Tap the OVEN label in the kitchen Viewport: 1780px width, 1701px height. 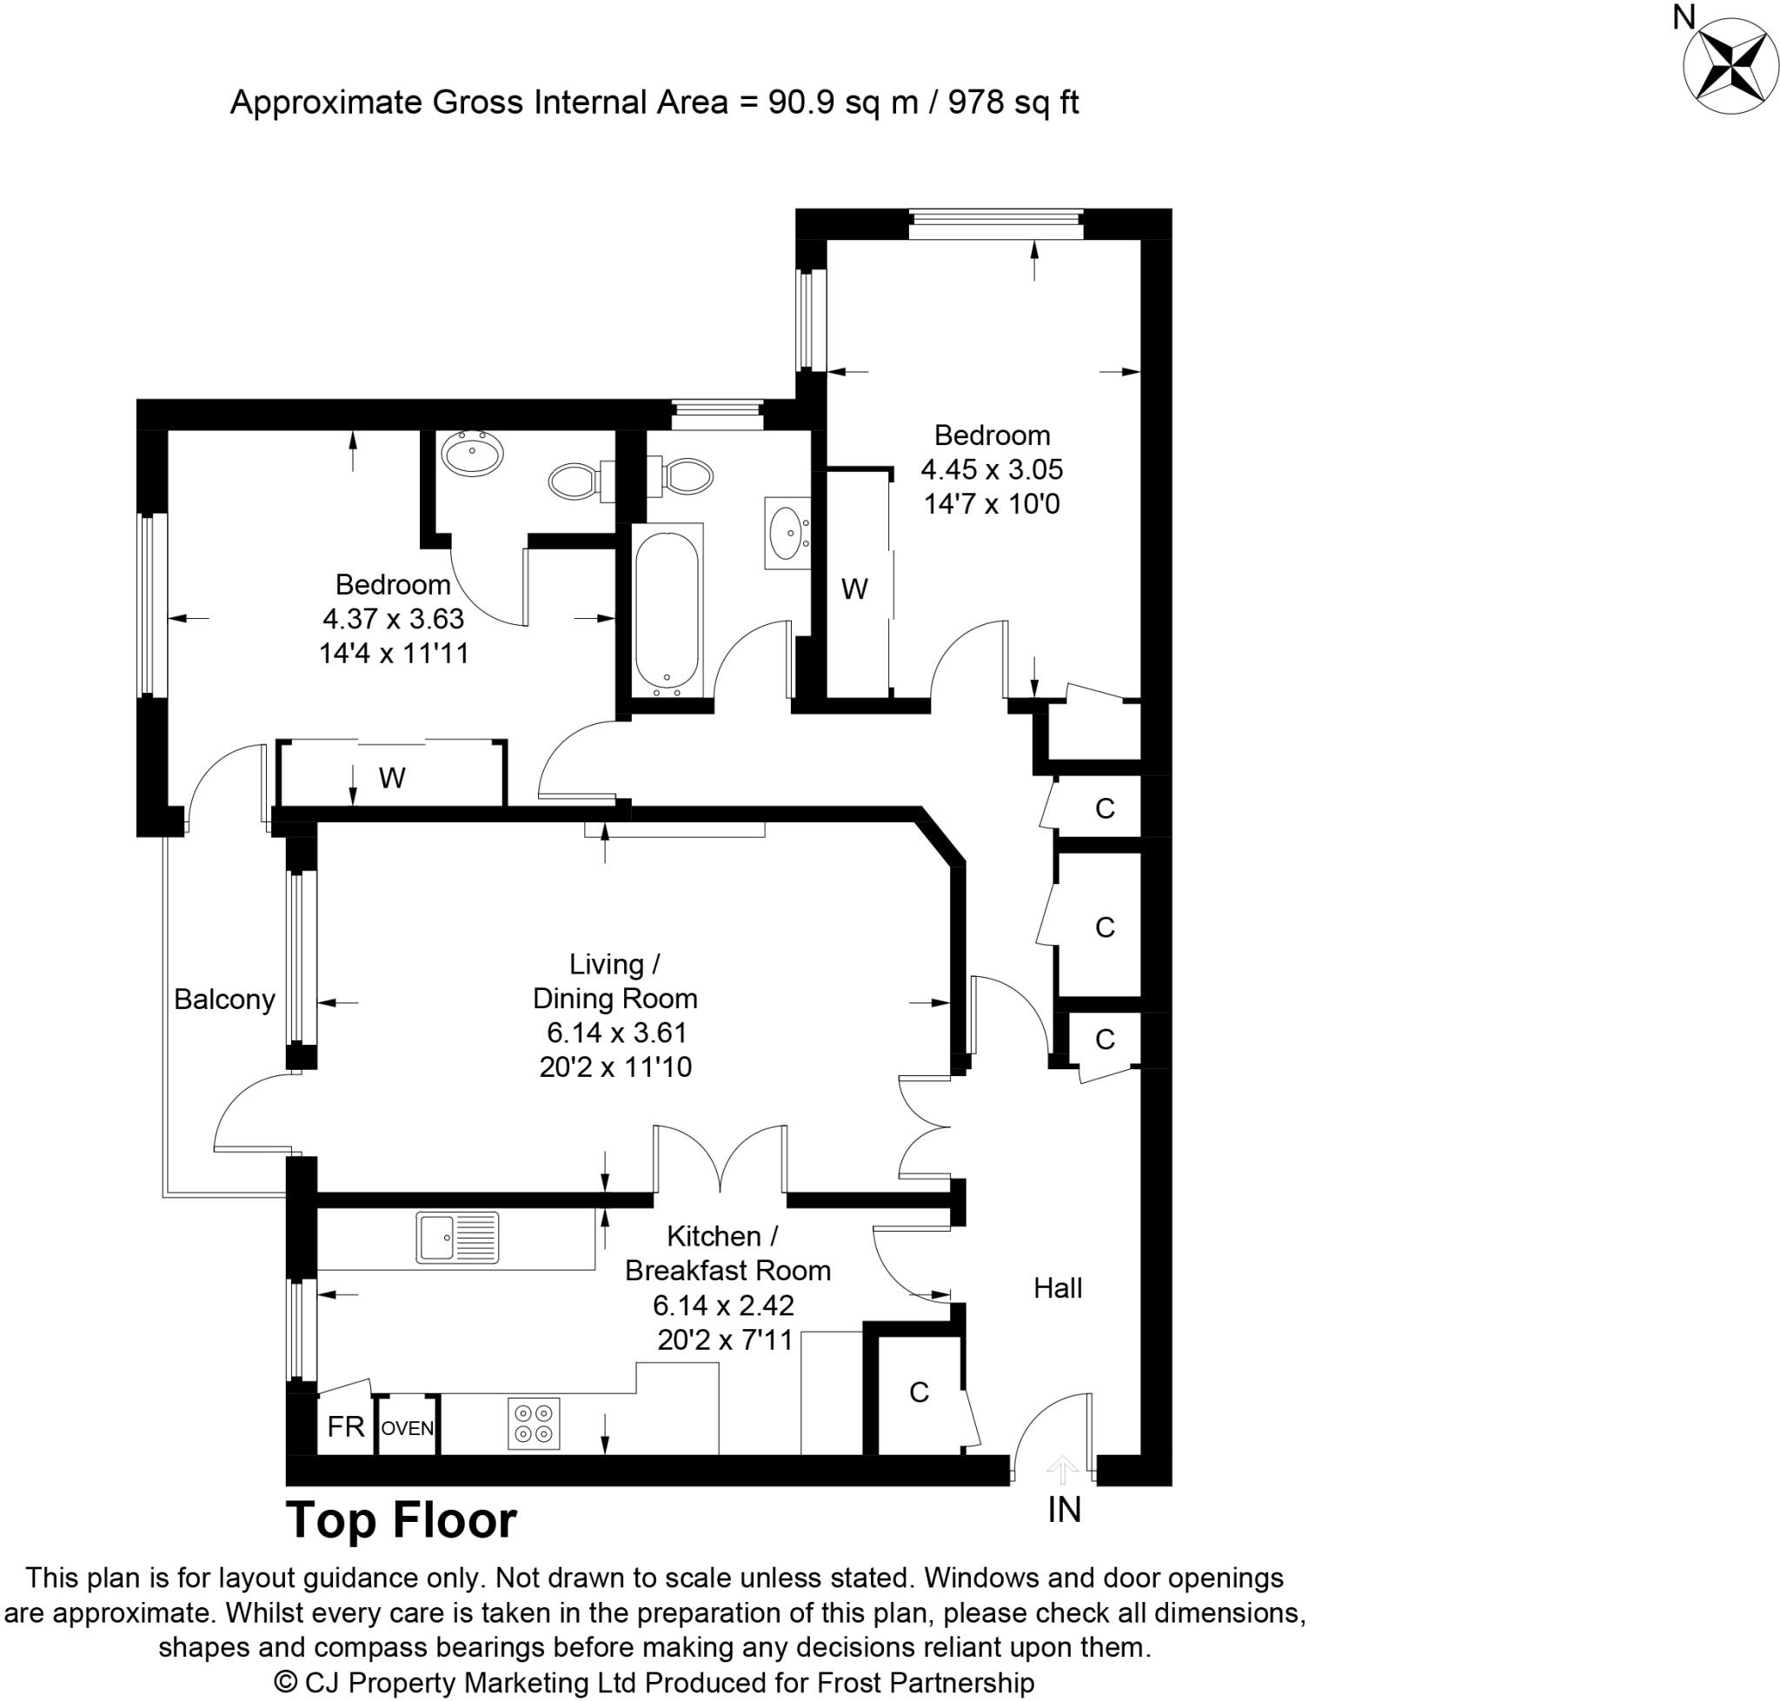pos(407,1429)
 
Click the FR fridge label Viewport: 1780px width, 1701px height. pos(345,1427)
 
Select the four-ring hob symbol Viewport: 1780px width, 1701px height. pos(533,1425)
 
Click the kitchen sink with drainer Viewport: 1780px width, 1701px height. pos(457,1238)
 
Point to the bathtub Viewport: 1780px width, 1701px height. pos(667,612)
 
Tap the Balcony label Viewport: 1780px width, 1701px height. pos(224,1000)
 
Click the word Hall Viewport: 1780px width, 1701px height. pos(1057,1287)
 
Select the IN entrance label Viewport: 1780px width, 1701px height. pos(1064,1510)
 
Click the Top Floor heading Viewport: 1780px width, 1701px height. pos(401,1520)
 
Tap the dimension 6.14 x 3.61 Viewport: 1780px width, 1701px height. pos(615,1032)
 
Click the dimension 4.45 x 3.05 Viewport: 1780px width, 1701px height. pos(991,468)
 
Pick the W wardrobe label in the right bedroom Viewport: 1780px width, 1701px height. pos(854,589)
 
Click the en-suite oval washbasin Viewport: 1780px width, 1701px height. pos(470,454)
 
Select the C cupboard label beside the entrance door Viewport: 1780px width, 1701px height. pos(919,1392)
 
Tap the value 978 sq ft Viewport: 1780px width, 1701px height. pos(1013,103)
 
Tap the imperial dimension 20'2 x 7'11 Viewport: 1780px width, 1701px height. pos(725,1339)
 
